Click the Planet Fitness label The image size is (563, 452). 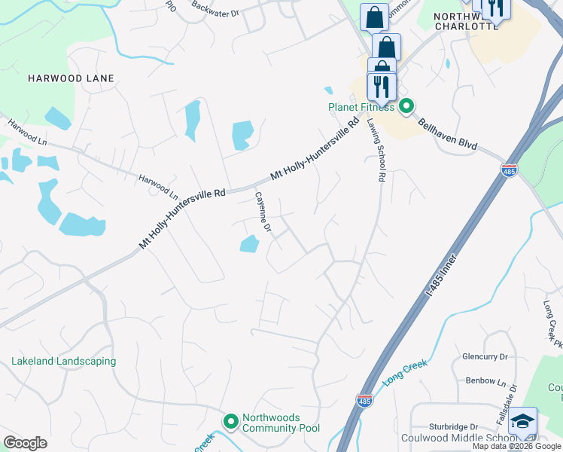[361, 107]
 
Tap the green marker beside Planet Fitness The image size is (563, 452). [406, 106]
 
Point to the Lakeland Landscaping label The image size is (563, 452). [64, 362]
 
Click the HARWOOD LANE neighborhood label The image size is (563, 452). [71, 78]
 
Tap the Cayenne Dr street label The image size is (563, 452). [263, 211]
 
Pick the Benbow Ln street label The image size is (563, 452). [485, 382]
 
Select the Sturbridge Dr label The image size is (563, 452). [454, 427]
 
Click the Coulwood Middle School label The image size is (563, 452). [467, 438]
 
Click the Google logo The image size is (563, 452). [25, 443]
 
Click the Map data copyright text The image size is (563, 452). [516, 446]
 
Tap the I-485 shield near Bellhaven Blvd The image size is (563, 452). [510, 171]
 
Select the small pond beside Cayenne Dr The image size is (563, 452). [248, 243]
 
